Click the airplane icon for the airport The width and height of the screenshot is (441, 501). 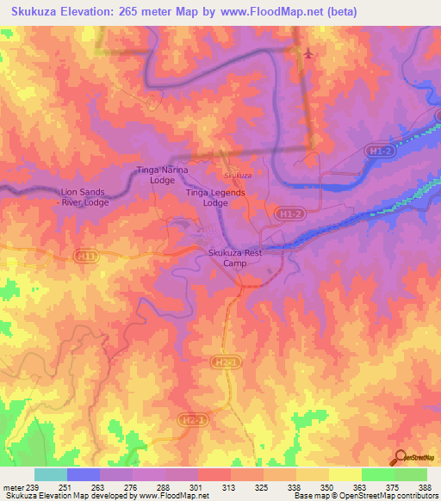(x=308, y=53)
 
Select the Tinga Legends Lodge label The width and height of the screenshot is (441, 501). (x=215, y=198)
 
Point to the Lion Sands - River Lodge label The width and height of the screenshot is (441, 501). (x=84, y=197)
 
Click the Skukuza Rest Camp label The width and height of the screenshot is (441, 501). (x=235, y=257)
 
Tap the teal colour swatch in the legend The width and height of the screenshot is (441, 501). (x=51, y=474)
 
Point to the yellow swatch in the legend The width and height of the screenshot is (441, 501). (x=345, y=474)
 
